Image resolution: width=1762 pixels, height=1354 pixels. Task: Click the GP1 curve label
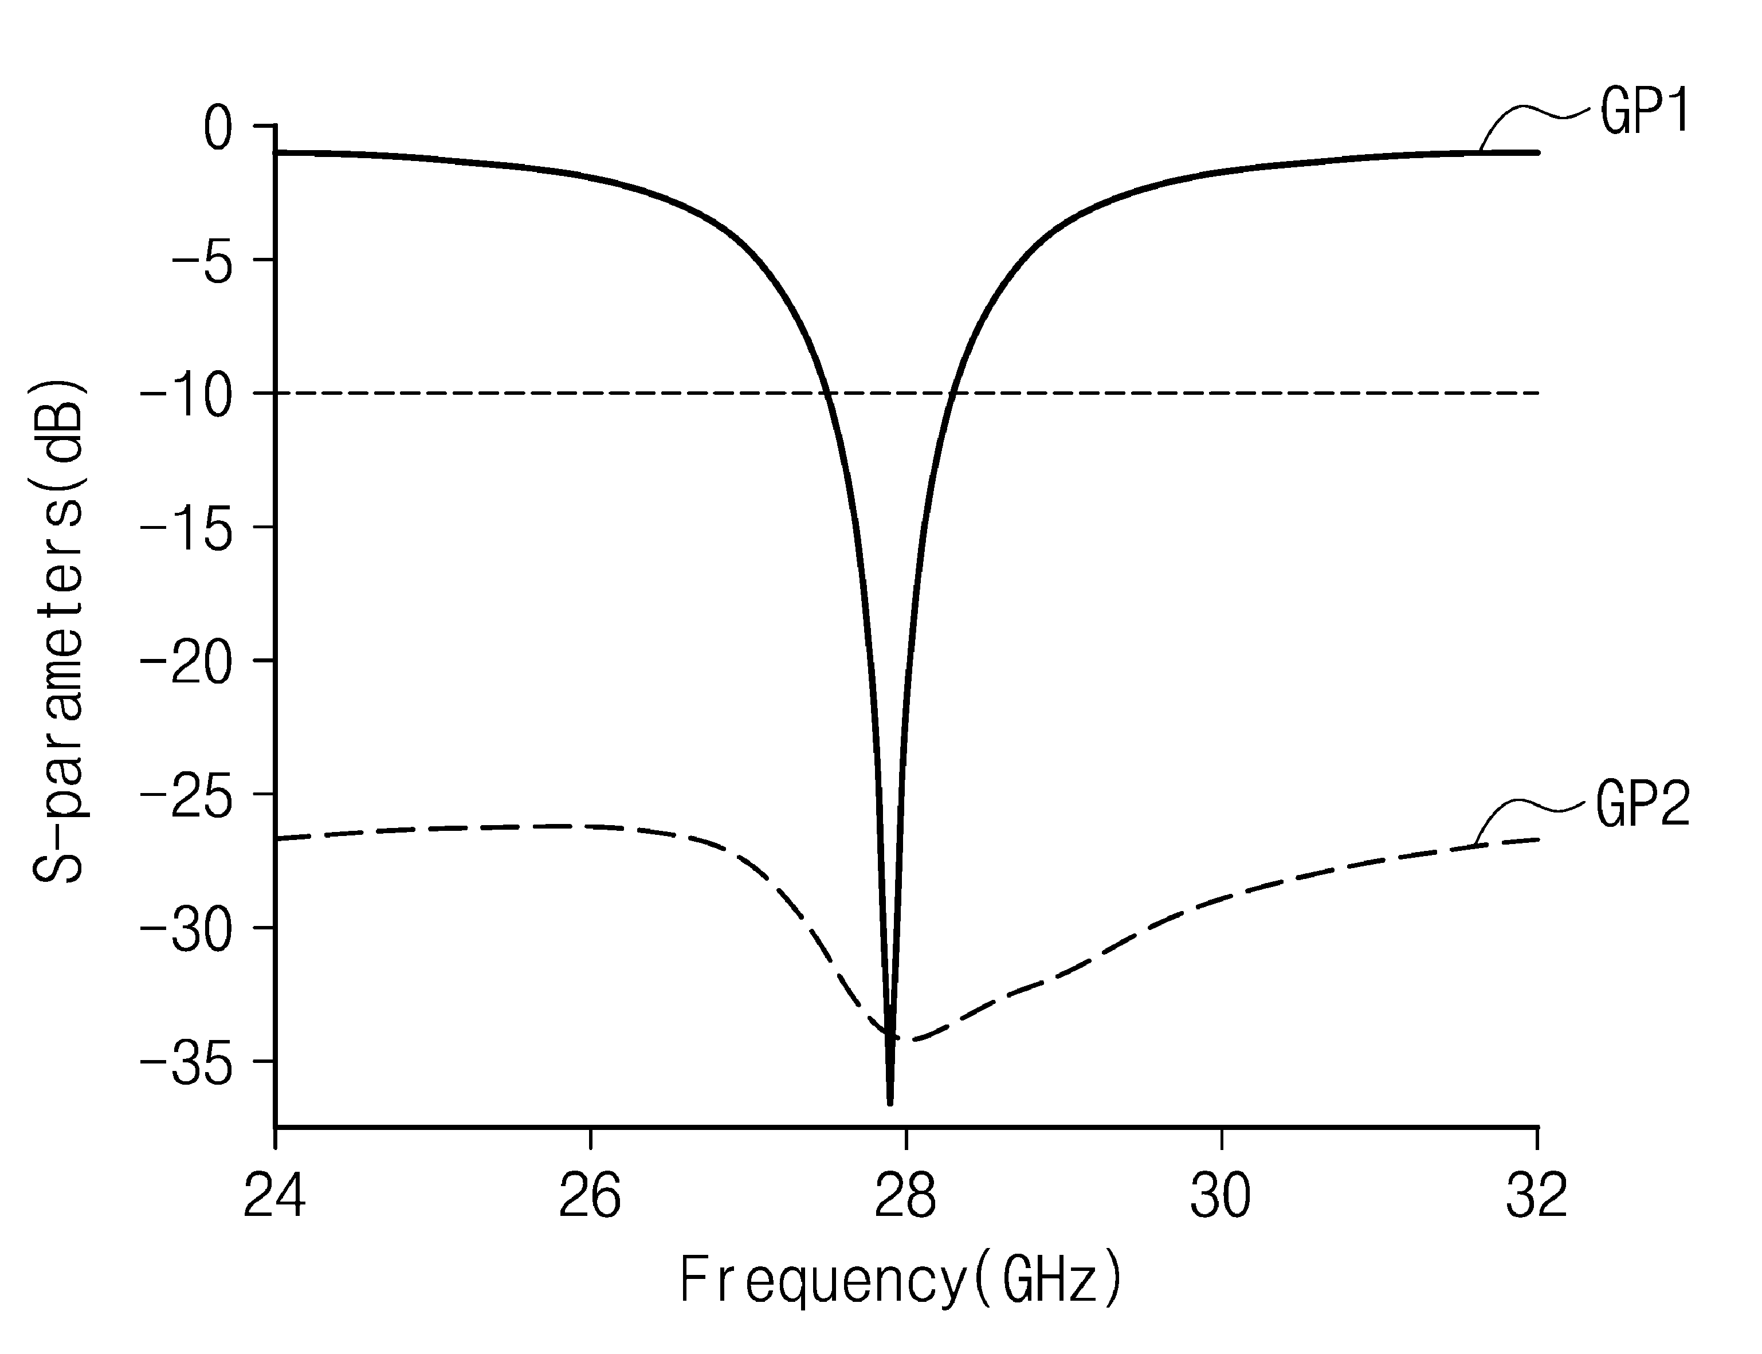tap(1645, 112)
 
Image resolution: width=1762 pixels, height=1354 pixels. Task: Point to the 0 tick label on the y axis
tap(218, 128)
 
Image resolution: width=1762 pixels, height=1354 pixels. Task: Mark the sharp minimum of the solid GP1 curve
tap(890, 1104)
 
